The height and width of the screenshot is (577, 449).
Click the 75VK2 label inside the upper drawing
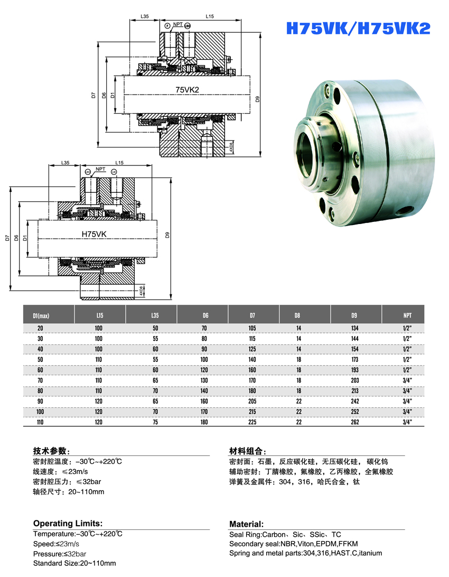pyautogui.click(x=187, y=90)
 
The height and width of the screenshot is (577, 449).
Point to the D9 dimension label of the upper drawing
pyautogui.click(x=257, y=99)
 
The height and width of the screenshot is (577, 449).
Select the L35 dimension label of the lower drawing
pyautogui.click(x=65, y=163)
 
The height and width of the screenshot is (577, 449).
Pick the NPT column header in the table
pyautogui.click(x=407, y=315)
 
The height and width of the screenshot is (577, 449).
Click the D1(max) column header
pyautogui.click(x=41, y=316)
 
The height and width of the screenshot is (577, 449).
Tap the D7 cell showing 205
pyautogui.click(x=252, y=401)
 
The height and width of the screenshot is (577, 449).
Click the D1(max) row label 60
pyautogui.click(x=41, y=370)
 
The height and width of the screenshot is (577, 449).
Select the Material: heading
pyautogui.click(x=246, y=524)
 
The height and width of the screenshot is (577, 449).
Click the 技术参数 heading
pyautogui.click(x=51, y=451)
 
